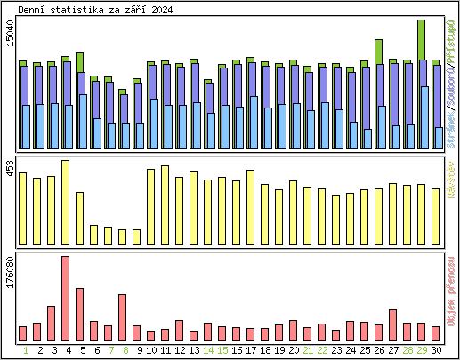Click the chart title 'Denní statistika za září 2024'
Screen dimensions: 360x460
[96, 9]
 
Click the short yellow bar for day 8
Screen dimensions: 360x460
[122, 236]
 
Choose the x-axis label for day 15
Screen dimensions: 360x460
[222, 350]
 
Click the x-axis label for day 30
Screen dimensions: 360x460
[436, 350]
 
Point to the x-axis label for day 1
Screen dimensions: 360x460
[23, 350]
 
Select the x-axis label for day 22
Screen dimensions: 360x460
[322, 350]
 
